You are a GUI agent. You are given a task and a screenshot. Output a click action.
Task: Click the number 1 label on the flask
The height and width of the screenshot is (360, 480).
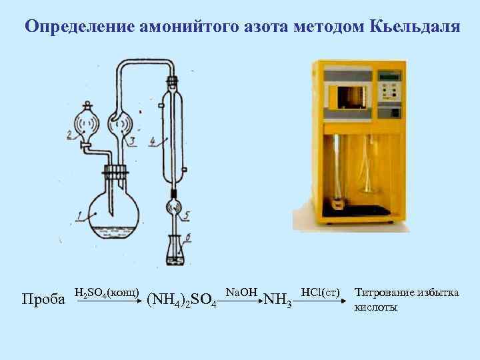point(80,215)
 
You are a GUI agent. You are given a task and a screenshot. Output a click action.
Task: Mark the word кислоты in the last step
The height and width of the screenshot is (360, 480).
point(375,307)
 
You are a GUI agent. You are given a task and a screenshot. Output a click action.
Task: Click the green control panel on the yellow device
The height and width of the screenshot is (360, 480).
point(389,87)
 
